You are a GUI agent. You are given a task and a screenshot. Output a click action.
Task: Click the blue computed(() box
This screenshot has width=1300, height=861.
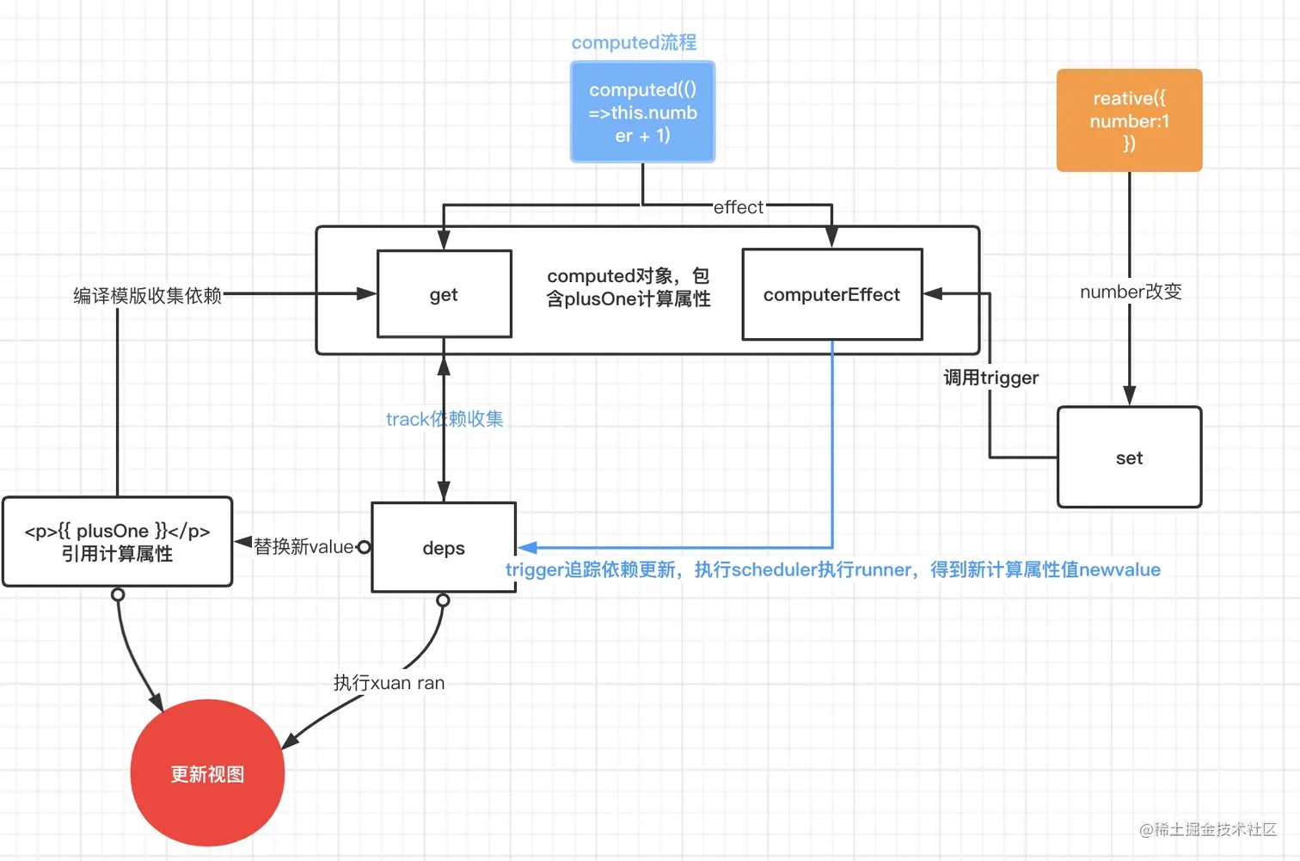click(x=642, y=112)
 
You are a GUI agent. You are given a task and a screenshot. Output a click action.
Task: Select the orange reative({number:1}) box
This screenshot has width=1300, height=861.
click(x=1129, y=120)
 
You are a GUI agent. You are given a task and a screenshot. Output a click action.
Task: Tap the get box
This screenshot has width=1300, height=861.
click(x=444, y=294)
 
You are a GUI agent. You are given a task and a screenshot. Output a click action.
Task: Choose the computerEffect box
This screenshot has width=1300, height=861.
click(x=831, y=294)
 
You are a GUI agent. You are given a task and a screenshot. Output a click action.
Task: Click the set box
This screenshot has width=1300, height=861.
click(x=1129, y=458)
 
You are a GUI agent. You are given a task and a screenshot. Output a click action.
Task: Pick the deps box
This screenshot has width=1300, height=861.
click(x=444, y=548)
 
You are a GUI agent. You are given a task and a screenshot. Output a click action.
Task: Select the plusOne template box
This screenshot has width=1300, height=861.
click(x=117, y=542)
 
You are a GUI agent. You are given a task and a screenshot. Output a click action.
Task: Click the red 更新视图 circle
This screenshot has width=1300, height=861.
click(x=207, y=773)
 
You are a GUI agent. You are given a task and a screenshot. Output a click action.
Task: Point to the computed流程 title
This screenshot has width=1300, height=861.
click(x=634, y=42)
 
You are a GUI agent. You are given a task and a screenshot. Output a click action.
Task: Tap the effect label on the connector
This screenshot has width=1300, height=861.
click(x=738, y=207)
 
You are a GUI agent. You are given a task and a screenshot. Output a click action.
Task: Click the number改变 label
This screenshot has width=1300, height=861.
click(x=1131, y=292)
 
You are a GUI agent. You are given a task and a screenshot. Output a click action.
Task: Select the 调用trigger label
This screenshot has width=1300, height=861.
click(x=990, y=378)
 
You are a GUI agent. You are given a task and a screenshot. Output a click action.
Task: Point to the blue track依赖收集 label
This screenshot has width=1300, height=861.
click(x=445, y=419)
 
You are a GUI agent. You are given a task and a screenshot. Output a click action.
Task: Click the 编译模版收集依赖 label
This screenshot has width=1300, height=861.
click(x=147, y=296)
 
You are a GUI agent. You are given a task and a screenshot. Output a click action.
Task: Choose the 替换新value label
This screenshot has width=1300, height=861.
click(x=303, y=546)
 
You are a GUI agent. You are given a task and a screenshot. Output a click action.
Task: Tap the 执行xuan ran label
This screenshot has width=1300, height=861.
click(x=389, y=683)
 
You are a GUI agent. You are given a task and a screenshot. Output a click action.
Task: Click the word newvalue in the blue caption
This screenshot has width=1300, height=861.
click(x=1119, y=569)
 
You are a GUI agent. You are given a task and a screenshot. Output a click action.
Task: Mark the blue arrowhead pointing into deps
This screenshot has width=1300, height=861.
click(x=527, y=547)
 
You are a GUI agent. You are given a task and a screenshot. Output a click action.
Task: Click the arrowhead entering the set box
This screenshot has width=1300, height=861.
click(x=1129, y=397)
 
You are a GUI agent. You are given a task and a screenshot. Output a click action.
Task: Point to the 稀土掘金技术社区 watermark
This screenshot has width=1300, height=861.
click(x=1208, y=829)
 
